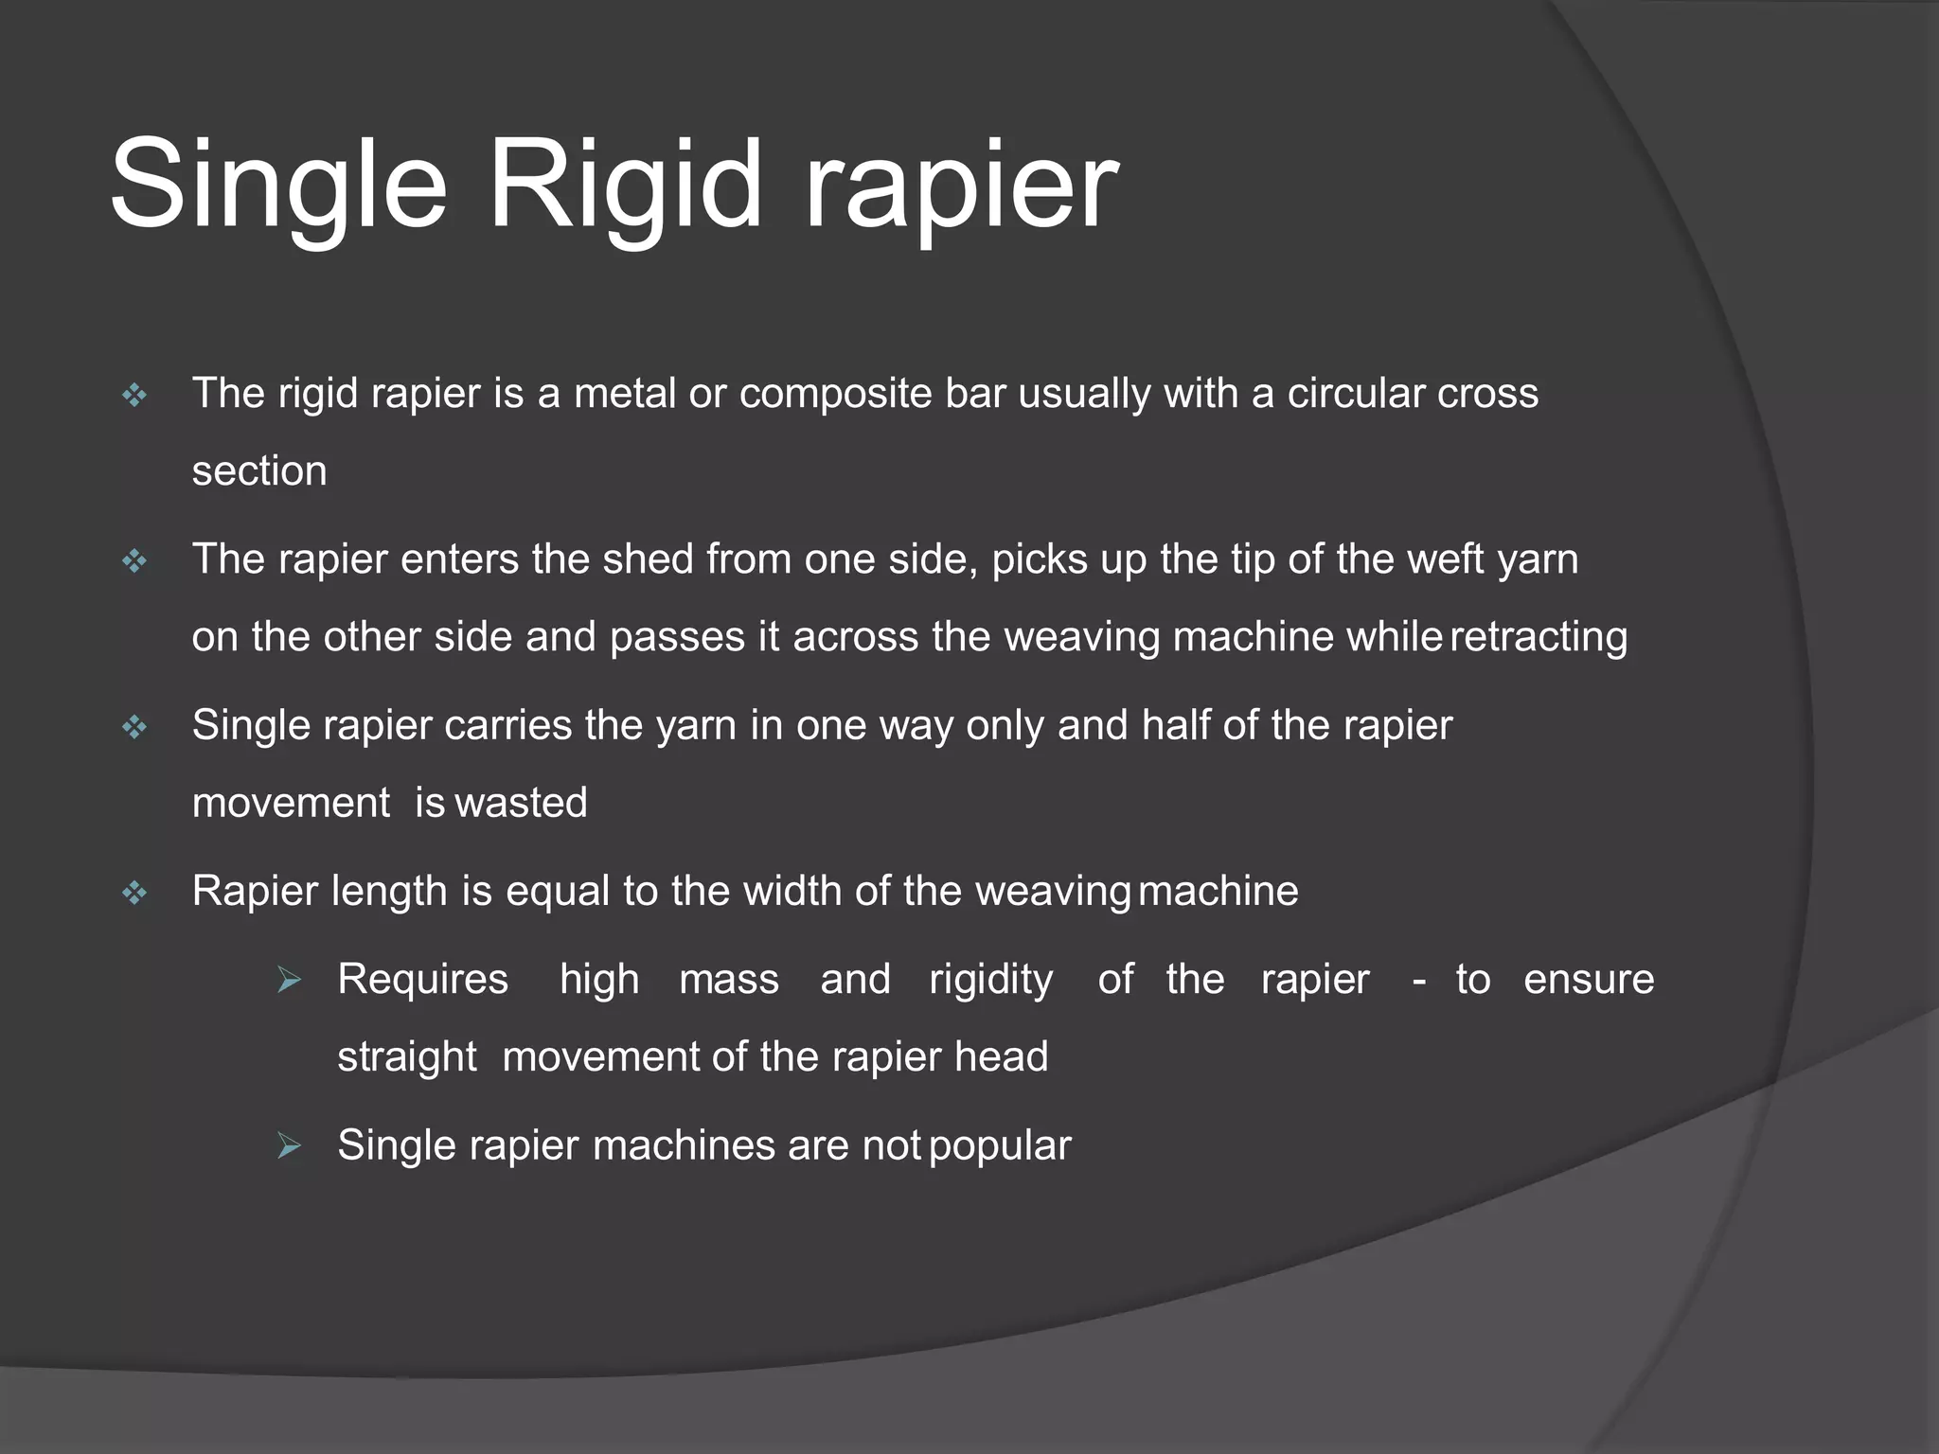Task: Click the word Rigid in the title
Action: coord(625,185)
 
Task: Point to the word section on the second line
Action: coord(259,470)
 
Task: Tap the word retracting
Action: coord(1539,636)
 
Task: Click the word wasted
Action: coord(522,803)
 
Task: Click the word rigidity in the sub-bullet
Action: coord(990,979)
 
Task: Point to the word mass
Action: coord(729,979)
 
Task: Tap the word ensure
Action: coord(1589,979)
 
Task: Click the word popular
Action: coord(1000,1145)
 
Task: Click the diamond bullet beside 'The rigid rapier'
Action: coord(135,395)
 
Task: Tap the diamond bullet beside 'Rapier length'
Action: coord(135,893)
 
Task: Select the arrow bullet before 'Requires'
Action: coord(289,981)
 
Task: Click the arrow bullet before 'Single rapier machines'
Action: coord(289,1147)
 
